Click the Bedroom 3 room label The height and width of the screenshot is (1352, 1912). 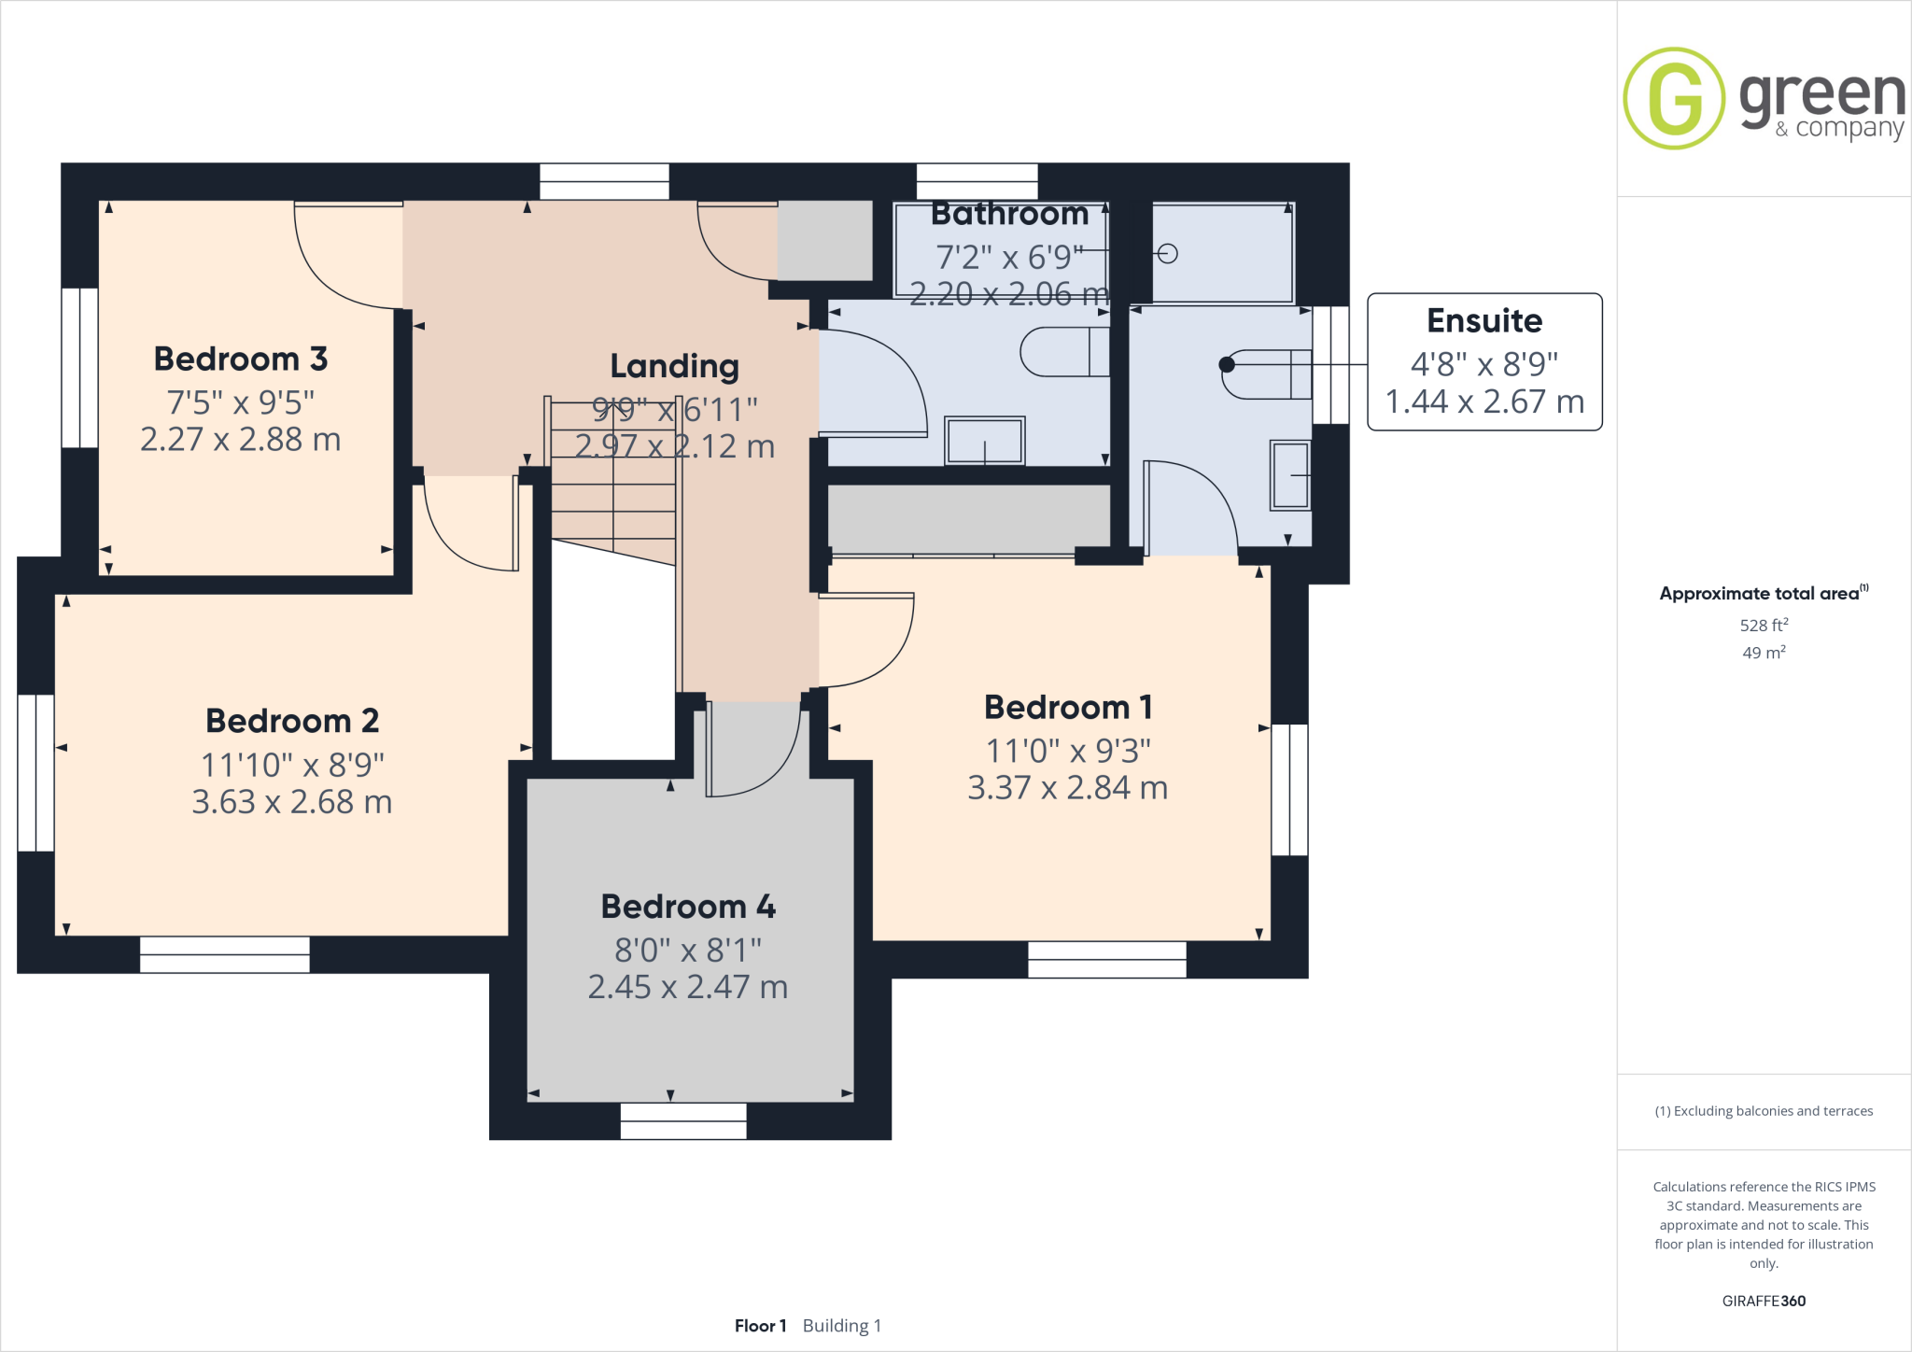click(240, 359)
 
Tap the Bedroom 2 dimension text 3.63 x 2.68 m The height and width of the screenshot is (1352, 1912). click(291, 801)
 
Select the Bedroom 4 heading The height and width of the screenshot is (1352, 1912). click(688, 906)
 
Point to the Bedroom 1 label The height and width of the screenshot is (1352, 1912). click(1068, 707)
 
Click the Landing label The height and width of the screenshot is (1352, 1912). click(674, 366)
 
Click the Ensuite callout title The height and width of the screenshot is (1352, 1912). click(1484, 320)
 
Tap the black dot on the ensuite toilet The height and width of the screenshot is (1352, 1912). click(1227, 365)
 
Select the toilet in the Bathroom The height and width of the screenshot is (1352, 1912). click(1064, 352)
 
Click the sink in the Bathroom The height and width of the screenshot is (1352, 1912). click(985, 441)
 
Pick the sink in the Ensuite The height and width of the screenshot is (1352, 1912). click(1290, 475)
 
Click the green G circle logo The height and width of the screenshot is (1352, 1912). click(1674, 98)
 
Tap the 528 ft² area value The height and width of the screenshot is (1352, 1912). click(1764, 625)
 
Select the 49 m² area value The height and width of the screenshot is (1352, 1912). click(1764, 652)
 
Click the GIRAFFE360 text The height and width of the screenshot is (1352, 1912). click(1764, 1301)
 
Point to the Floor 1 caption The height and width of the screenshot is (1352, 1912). click(760, 1326)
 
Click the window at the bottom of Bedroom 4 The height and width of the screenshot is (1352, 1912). click(683, 1120)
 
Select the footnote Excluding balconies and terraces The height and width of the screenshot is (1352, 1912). click(1764, 1111)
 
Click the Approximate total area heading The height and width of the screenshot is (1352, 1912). click(1760, 594)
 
